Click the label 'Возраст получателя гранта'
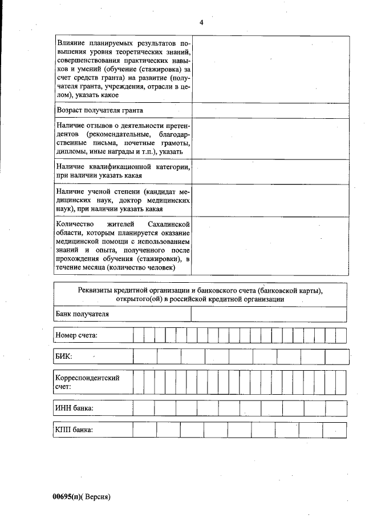(99, 110)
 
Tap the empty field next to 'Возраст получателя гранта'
(270, 110)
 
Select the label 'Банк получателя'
(82, 314)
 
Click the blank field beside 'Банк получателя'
(269, 314)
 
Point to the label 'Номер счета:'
(76, 335)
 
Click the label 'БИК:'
(64, 356)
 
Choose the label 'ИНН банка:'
(74, 408)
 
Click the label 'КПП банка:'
(74, 430)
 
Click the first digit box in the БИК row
(145, 356)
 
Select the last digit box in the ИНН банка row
(336, 408)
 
